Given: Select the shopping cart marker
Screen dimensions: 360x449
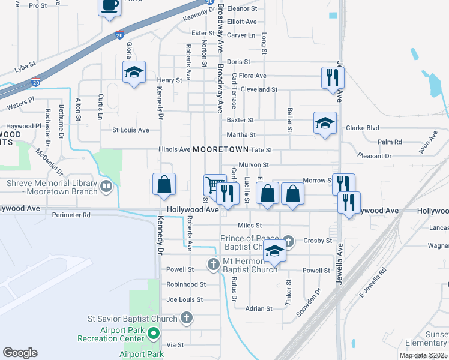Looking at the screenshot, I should pos(214,185).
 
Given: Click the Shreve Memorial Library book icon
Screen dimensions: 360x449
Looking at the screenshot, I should pos(106,187).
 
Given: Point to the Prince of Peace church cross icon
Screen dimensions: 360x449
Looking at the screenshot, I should pos(289,241).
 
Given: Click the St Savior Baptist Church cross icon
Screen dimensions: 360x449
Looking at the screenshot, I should pos(187,319).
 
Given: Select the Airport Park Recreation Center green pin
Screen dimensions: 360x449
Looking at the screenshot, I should pos(154,332).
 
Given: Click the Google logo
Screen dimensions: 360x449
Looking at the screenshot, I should pos(20,353).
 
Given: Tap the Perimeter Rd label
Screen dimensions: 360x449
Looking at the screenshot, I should pos(71,214).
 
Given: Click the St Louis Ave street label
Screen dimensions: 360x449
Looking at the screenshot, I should pos(131,130).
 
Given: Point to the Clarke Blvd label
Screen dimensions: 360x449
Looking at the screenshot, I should pos(363,128).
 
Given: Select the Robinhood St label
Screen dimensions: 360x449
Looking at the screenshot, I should pos(186,284).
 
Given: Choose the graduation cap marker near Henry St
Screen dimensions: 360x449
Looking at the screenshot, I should pos(133,73).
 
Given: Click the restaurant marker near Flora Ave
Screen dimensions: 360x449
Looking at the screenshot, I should pos(332,77).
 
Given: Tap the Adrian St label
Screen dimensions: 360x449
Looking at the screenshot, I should pos(260,308).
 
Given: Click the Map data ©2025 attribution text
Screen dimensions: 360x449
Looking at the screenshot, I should pos(423,355).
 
